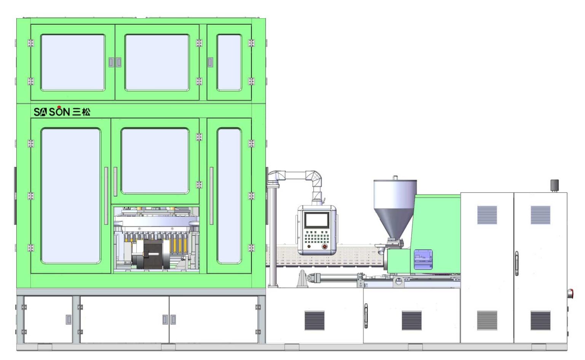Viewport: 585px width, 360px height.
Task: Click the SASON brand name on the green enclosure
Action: (52, 112)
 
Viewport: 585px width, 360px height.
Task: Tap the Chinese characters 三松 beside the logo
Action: (82, 112)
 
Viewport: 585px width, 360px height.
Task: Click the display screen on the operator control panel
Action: (316, 220)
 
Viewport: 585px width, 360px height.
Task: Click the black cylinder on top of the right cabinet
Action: (555, 185)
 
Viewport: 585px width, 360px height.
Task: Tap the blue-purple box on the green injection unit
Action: (423, 259)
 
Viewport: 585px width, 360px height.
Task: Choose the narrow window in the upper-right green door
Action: (229, 63)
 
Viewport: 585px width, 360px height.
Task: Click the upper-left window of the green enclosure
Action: (73, 63)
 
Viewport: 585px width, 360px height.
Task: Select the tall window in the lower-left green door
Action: (71, 195)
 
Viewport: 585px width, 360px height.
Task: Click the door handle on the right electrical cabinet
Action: (516, 263)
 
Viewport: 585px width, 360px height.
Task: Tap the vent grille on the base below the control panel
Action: (314, 320)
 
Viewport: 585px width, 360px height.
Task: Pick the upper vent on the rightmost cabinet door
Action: (540, 215)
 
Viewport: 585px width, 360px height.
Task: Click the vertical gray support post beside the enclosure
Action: (273, 236)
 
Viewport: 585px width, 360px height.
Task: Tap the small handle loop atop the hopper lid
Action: (395, 178)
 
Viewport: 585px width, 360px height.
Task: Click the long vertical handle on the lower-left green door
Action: (106, 195)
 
